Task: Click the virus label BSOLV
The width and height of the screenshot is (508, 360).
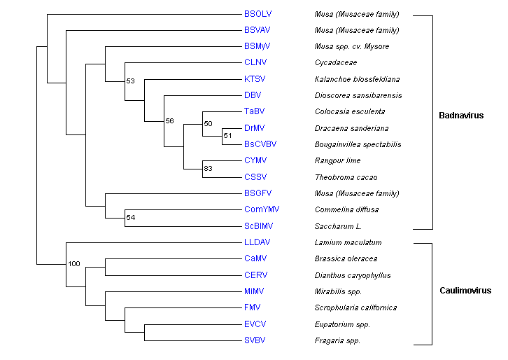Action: tap(256, 14)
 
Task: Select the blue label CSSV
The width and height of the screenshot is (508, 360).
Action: tap(255, 177)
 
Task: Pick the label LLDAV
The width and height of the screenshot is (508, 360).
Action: tap(257, 242)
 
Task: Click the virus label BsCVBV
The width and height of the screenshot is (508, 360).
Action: tap(260, 144)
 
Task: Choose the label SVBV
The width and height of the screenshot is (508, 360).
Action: tap(255, 340)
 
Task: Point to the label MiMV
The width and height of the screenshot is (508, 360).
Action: tap(254, 291)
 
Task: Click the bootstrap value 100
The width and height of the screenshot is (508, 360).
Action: tap(76, 265)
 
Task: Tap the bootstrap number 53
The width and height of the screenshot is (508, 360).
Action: tap(130, 81)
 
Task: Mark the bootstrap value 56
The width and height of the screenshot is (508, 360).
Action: tap(169, 121)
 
